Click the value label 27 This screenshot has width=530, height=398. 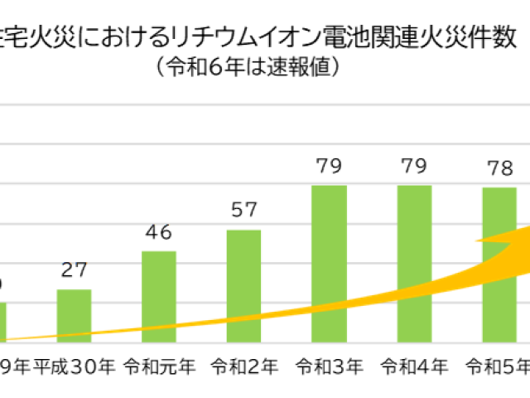tap(75, 271)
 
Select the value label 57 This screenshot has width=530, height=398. tap(244, 211)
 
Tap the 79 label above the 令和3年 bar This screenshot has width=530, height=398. tap(329, 167)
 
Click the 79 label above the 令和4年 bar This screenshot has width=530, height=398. tap(414, 167)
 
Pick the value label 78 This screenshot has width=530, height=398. tap(499, 169)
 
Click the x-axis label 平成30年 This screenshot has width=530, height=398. tap(74, 366)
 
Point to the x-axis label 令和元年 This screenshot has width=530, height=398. tap(159, 366)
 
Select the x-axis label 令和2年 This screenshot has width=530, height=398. tap(243, 366)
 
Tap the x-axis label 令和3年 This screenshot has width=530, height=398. tap(329, 366)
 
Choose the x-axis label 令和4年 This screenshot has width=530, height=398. tap(414, 366)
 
